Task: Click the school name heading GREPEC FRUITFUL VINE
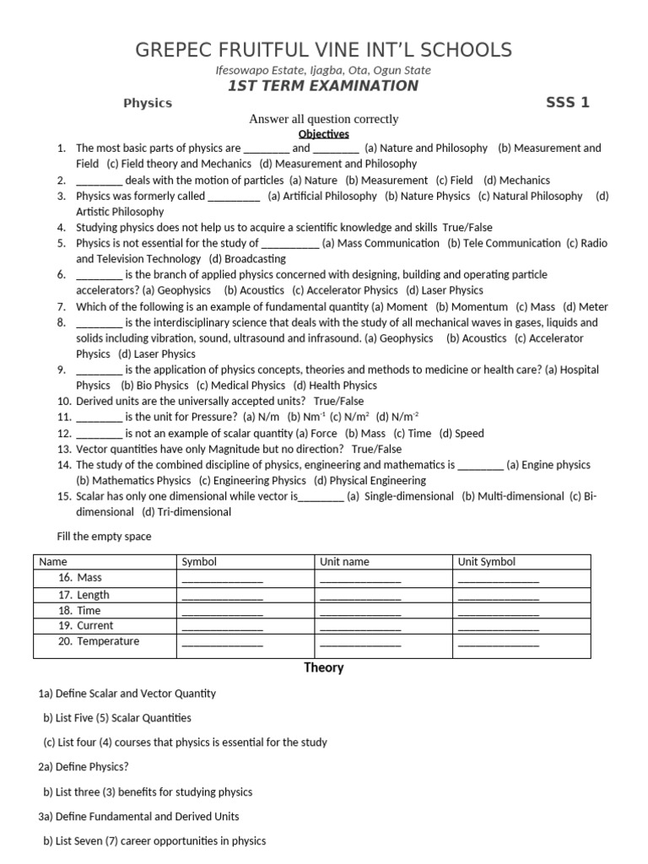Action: [323, 49]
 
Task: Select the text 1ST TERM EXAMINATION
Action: [323, 86]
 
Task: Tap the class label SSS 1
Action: [567, 103]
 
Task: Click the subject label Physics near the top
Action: [148, 103]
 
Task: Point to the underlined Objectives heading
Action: [324, 133]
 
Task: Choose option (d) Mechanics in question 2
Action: [516, 180]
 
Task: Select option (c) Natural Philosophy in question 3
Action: [530, 196]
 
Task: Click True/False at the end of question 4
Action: [467, 227]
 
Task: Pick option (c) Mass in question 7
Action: [535, 307]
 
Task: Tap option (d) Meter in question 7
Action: [586, 307]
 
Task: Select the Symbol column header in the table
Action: [199, 562]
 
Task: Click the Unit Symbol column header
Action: [486, 562]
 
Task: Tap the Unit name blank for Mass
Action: [360, 580]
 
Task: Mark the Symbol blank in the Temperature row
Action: [222, 644]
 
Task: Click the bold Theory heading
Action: [324, 668]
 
